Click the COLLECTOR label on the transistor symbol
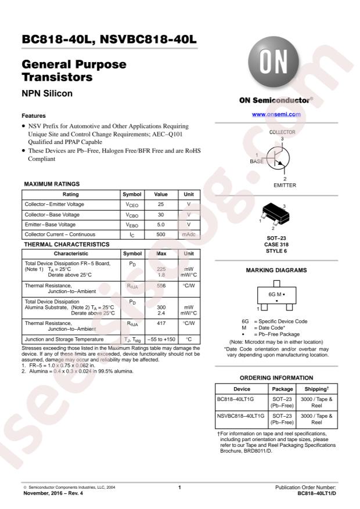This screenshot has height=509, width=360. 282,132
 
